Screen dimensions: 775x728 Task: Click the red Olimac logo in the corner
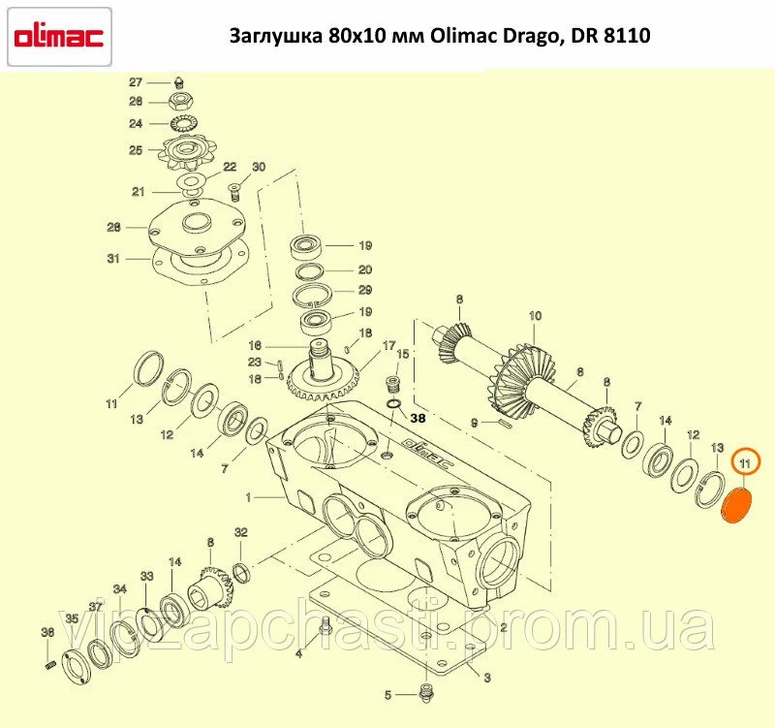tap(59, 37)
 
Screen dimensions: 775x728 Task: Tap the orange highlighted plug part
tap(736, 505)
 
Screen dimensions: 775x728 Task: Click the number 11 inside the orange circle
tap(744, 463)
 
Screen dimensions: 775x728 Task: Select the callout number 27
tap(136, 82)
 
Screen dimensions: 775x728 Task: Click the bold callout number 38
tap(418, 419)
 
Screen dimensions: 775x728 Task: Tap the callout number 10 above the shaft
tap(536, 316)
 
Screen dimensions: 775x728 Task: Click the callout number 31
tap(113, 259)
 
